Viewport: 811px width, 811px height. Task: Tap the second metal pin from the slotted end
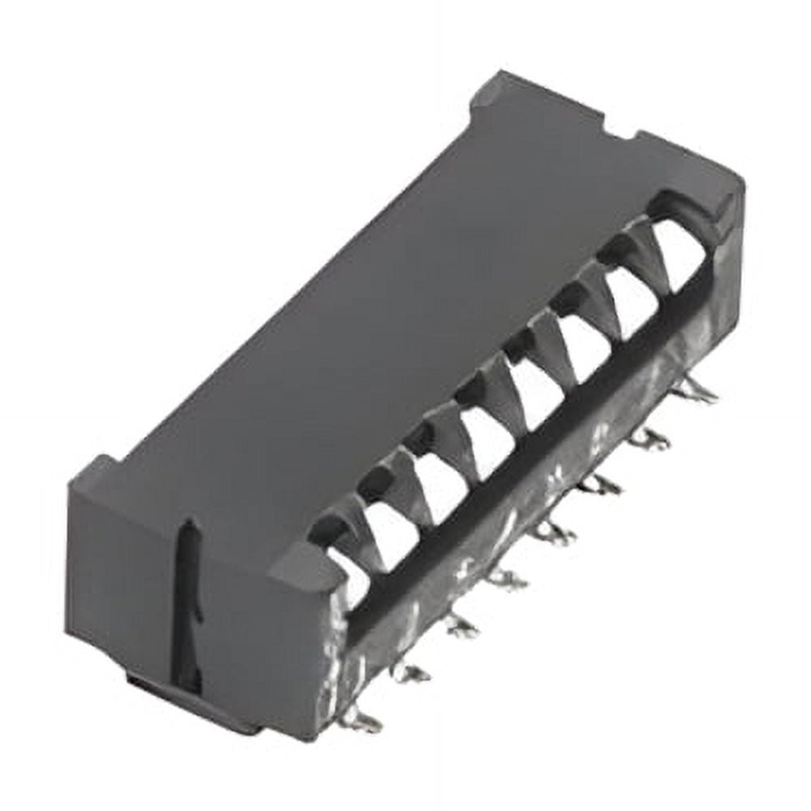[x=410, y=672]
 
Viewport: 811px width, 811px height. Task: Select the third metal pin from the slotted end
[x=460, y=625]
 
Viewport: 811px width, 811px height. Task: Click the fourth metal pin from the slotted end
[x=507, y=578]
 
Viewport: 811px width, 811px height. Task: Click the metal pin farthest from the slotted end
[x=697, y=393]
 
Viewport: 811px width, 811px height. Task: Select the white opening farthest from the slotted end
[x=678, y=255]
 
